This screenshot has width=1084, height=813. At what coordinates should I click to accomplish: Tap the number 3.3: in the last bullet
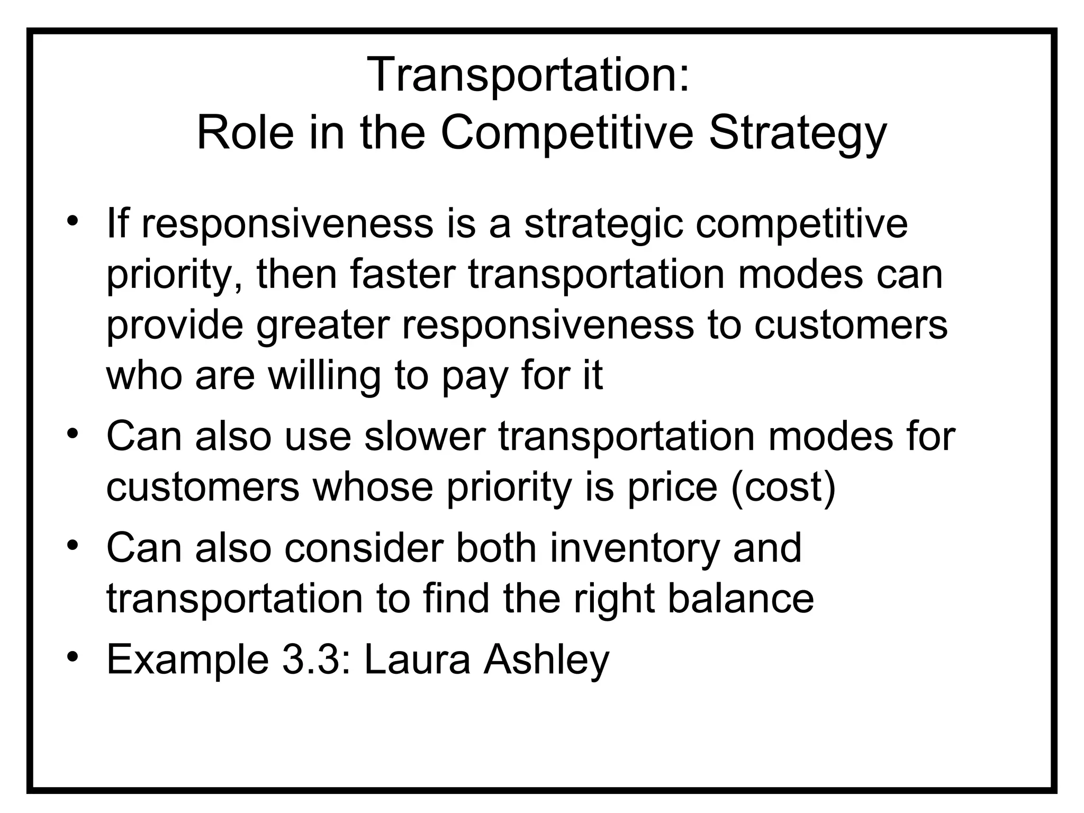click(315, 659)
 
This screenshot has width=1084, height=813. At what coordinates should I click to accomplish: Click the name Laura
click(417, 659)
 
